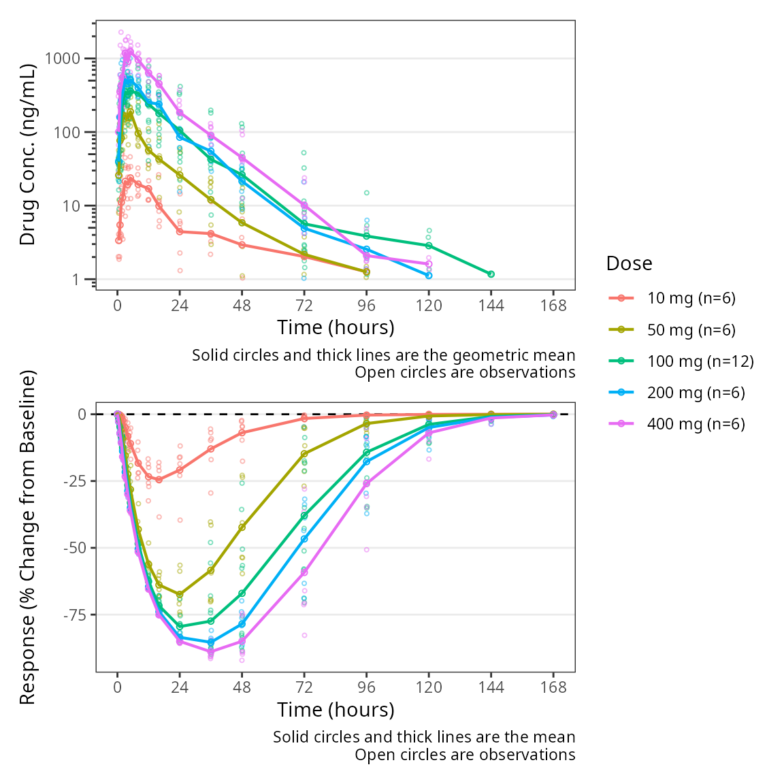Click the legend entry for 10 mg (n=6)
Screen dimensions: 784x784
(691, 298)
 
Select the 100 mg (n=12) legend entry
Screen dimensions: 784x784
(700, 361)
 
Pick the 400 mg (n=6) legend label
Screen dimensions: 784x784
(696, 424)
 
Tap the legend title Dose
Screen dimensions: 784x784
(629, 263)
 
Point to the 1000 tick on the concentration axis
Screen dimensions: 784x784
(62, 59)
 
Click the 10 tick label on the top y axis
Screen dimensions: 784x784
(71, 206)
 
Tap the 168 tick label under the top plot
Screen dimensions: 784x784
(553, 306)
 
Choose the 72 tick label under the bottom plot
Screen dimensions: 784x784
(304, 687)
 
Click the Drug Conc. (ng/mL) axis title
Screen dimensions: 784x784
(27, 154)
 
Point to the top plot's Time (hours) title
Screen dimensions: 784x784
(336, 327)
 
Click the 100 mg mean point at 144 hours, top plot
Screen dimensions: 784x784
(491, 274)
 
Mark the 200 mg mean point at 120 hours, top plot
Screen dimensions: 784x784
(429, 276)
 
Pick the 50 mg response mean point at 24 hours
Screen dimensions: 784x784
(180, 594)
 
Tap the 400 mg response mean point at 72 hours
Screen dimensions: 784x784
(304, 572)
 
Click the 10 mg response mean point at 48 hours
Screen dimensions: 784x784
(242, 433)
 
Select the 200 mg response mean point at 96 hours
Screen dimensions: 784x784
(367, 461)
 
